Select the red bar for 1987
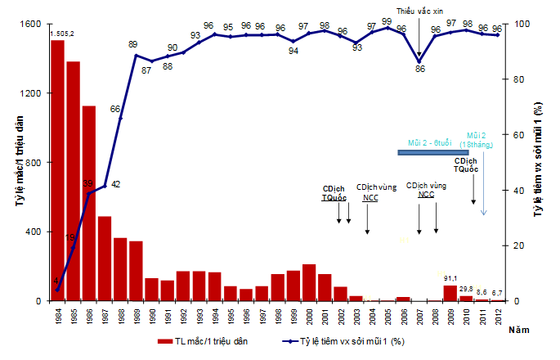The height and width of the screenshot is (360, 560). [104, 259]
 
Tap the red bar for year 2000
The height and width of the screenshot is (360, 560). [309, 282]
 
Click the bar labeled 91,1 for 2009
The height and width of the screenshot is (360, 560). [450, 293]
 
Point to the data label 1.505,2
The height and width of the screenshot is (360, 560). [62, 34]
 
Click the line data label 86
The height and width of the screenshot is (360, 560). [420, 69]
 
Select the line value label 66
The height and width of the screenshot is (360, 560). [115, 109]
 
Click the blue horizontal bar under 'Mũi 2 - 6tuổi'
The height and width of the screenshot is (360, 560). [432, 152]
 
